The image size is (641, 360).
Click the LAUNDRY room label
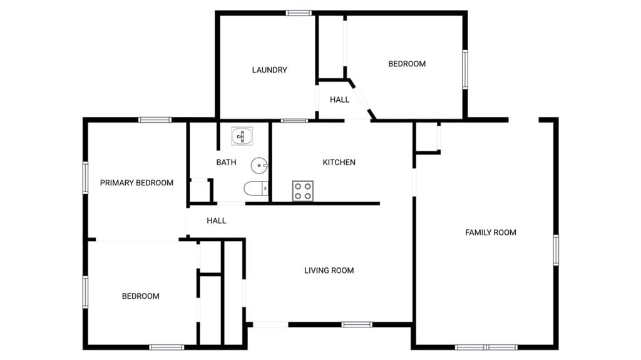269,70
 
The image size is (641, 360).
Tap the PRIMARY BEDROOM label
136,183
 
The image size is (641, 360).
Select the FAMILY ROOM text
491,232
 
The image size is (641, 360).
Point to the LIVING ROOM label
329,270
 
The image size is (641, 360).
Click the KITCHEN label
339,162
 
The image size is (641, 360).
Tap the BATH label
226,162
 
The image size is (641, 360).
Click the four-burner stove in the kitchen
303,191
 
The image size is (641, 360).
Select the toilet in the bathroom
256,188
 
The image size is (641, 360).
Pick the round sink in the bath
259,166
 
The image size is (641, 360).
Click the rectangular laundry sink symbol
242,136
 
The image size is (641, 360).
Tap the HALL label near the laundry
340,100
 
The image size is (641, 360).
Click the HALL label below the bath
216,221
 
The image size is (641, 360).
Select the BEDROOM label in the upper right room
407,64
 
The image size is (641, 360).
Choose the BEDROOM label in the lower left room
141,296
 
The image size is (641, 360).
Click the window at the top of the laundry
299,13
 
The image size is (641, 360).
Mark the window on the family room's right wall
556,250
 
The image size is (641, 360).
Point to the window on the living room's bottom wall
357,325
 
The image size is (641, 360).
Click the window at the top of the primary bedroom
155,120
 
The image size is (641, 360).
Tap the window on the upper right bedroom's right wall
465,69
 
